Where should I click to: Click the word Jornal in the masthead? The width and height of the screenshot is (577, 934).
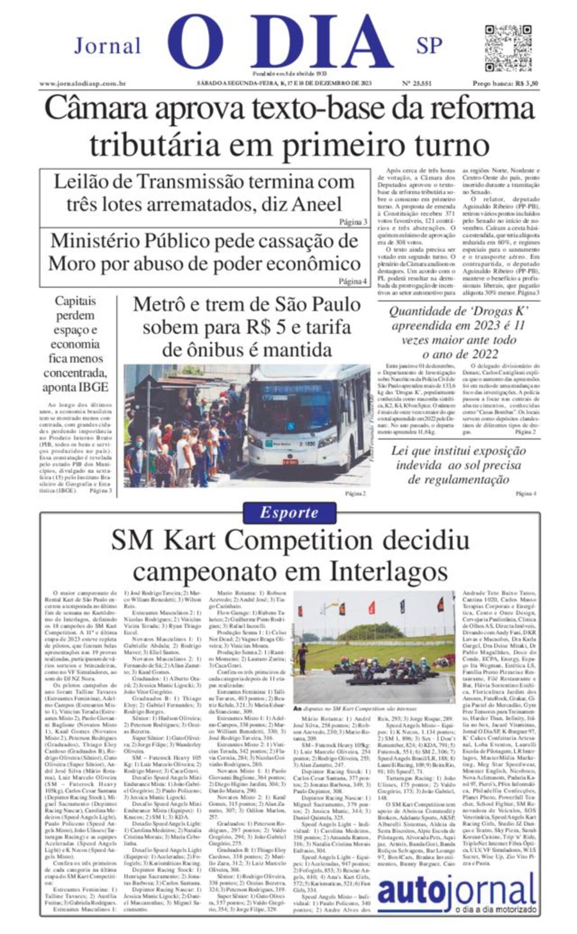[x=107, y=46]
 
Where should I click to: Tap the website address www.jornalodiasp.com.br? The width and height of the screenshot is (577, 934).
[x=82, y=83]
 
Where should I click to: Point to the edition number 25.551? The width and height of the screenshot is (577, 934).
[x=416, y=83]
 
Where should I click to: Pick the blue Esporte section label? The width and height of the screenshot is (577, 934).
[x=289, y=513]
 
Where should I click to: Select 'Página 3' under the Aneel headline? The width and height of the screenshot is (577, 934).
[x=353, y=222]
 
